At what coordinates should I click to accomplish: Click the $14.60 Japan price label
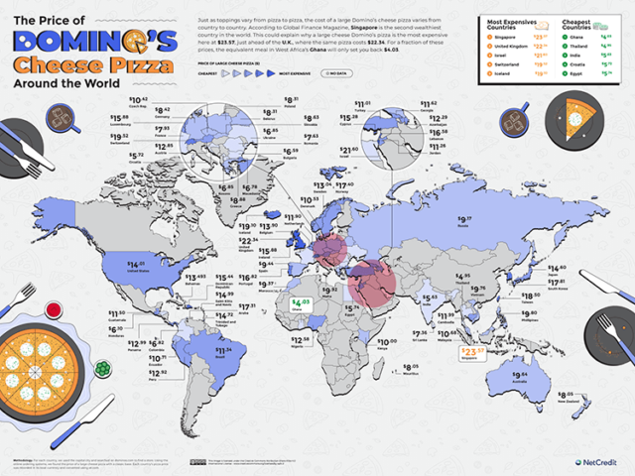[556, 269]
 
